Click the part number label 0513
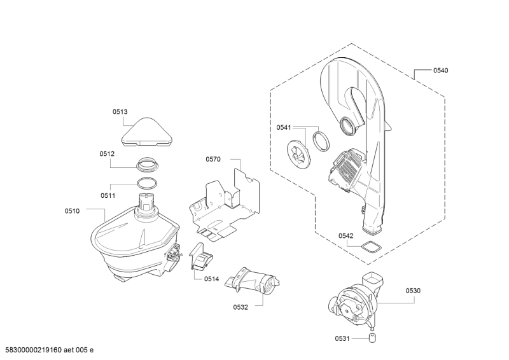[x=120, y=112]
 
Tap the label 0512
[x=106, y=154]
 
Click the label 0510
[x=72, y=211]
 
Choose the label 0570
[x=213, y=159]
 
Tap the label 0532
[x=239, y=307]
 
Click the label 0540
[x=440, y=71]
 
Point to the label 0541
[x=283, y=128]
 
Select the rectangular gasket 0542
[x=368, y=249]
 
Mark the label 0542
[x=345, y=236]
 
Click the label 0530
[x=413, y=291]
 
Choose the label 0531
[x=343, y=338]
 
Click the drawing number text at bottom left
[x=49, y=349]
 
